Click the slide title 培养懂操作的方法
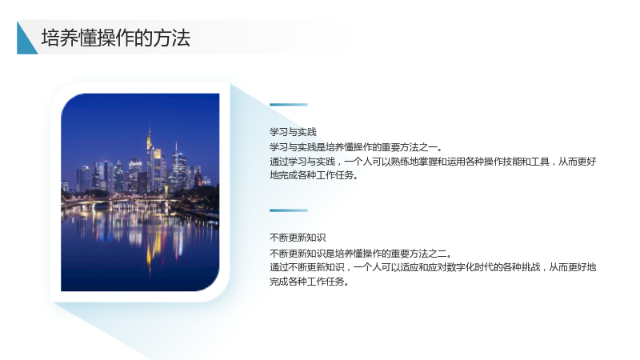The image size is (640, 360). coord(115,38)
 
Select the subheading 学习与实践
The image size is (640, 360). coord(293,132)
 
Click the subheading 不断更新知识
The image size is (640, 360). coord(298,238)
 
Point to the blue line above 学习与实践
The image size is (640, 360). coord(289,105)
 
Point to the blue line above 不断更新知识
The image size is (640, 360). coord(289,210)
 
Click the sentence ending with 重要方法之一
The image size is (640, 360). coord(356,147)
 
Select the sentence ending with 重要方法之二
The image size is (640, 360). coord(361,254)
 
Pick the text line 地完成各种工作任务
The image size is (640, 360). coord(314,175)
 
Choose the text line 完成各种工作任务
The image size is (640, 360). coord(309,282)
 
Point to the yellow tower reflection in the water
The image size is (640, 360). coord(150,250)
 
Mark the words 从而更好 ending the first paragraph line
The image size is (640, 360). coord(577,162)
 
